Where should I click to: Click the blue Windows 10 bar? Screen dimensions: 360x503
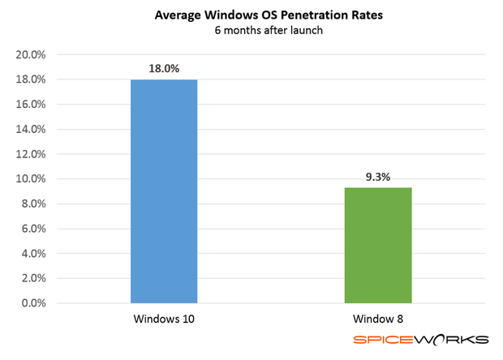point(164,191)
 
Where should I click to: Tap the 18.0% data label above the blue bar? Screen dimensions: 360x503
point(163,69)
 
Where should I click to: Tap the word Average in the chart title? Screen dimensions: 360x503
point(178,15)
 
